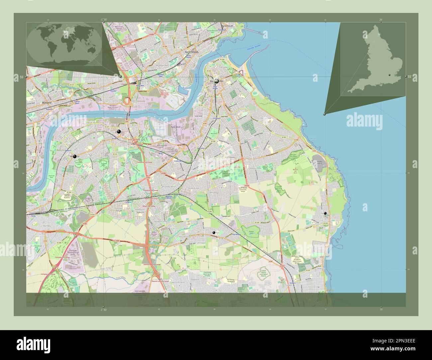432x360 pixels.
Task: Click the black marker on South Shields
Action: pyautogui.click(x=217, y=81)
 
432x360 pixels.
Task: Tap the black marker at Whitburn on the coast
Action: pyautogui.click(x=325, y=213)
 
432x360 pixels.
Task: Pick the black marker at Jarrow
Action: pyautogui.click(x=119, y=132)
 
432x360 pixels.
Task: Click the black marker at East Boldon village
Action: pyautogui.click(x=214, y=232)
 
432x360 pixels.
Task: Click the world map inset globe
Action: pyautogui.click(x=64, y=44)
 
